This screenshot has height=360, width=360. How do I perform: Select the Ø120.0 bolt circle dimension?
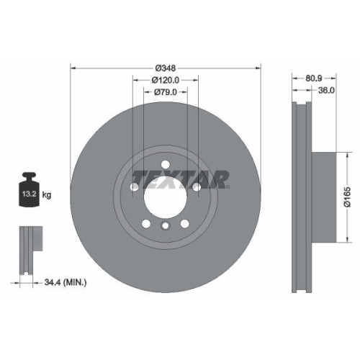click(x=166, y=81)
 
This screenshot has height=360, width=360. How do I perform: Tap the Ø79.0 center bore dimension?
click(x=166, y=92)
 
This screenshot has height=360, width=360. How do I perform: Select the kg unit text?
click(x=47, y=194)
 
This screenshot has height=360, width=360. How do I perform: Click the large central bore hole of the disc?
click(x=165, y=194)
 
